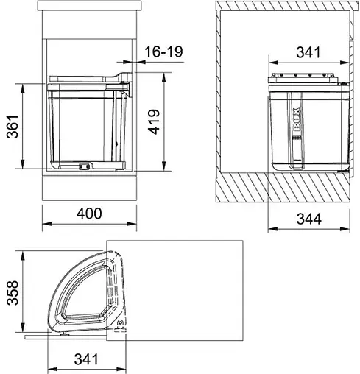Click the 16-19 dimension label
(163, 52)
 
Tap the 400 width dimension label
(88, 213)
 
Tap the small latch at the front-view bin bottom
(84, 166)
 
